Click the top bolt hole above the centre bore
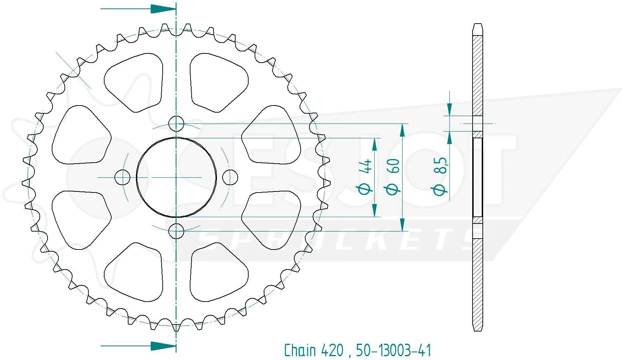(176, 124)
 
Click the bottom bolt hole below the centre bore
(176, 231)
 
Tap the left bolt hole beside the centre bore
(122, 177)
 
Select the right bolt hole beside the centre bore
(231, 177)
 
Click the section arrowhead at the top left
(163, 9)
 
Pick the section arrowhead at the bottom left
(163, 346)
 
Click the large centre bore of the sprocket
(176, 177)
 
